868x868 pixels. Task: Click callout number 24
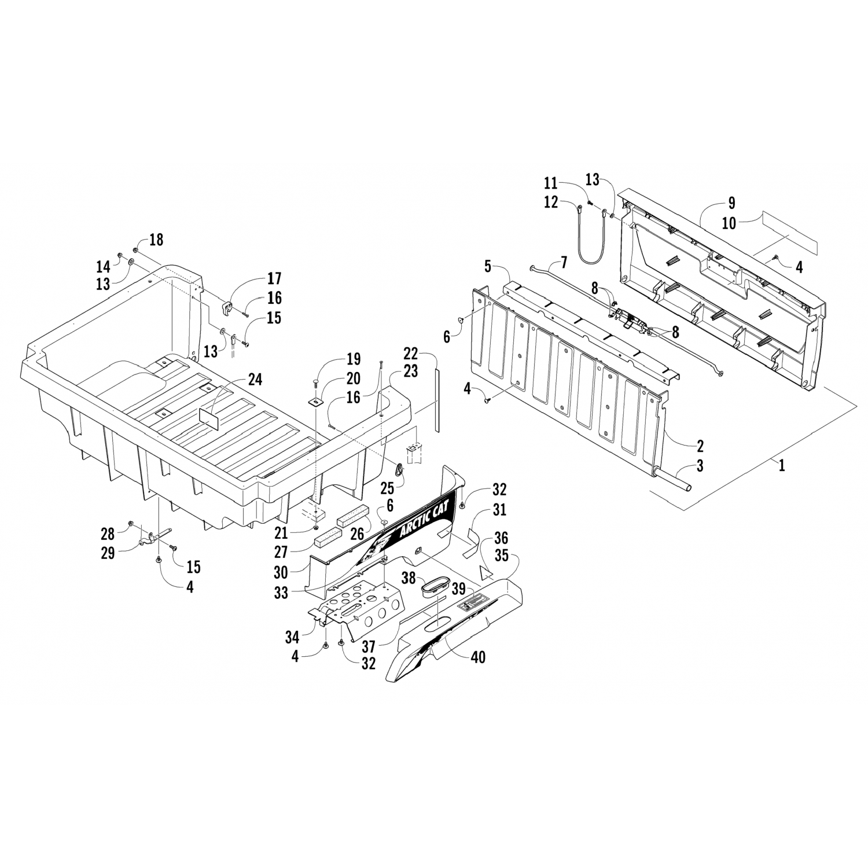coord(255,380)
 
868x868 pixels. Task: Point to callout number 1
coord(782,465)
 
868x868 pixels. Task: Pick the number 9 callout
coord(732,203)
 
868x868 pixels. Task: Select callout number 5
coord(487,267)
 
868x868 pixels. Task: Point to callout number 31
coord(498,510)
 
